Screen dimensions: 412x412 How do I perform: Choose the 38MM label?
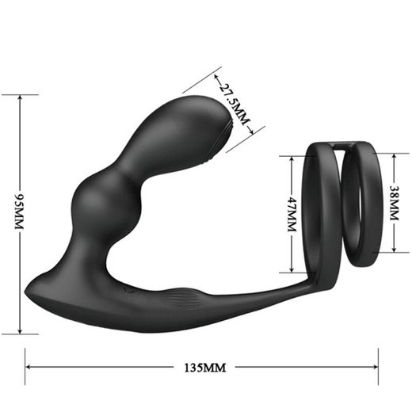click(394, 204)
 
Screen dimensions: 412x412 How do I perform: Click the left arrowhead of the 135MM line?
click(29, 368)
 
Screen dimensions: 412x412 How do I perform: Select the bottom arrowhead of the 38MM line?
click(394, 252)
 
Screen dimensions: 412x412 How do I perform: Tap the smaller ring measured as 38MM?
click(364, 203)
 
